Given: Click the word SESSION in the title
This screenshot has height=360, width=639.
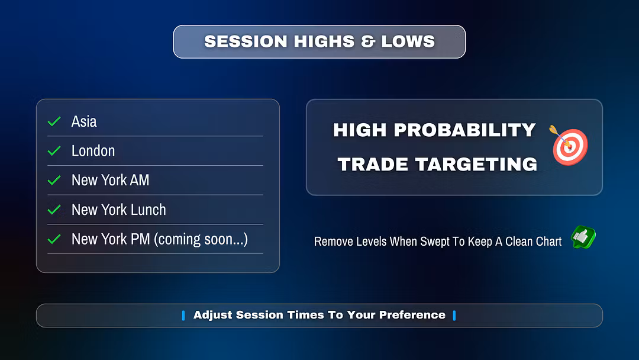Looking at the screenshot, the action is coord(246,41).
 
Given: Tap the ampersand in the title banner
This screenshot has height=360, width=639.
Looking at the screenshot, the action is coord(367,41).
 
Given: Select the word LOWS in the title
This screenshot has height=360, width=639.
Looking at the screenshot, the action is coord(408,41).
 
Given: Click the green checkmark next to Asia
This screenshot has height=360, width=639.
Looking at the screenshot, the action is coord(54,121).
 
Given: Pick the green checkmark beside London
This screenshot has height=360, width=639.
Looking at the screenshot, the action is coord(54,151).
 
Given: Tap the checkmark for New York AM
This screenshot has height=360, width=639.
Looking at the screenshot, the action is coord(54,180).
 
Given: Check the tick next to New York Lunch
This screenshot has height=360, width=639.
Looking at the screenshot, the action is coord(54,210).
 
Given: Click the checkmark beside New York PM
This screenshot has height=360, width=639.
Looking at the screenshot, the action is coord(54,239).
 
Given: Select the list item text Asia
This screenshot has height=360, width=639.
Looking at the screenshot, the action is coord(84,121).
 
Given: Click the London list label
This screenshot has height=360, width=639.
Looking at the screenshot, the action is coord(93,151).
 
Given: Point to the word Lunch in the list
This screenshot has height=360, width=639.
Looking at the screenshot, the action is coord(149,210).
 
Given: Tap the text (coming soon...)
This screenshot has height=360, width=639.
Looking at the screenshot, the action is coord(201,239).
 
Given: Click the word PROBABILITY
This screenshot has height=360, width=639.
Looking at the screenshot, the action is coord(464,130).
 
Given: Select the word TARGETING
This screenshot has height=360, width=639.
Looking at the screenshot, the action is coord(476,164).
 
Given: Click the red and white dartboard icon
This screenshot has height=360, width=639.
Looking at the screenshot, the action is coord(569,145).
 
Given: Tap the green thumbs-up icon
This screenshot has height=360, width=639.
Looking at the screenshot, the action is coord(583,237).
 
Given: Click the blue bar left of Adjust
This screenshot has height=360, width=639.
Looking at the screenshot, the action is coord(183,315).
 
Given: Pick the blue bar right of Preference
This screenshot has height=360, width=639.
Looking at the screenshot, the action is coord(454,315).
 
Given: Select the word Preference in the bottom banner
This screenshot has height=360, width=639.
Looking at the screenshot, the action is coord(412,315).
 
